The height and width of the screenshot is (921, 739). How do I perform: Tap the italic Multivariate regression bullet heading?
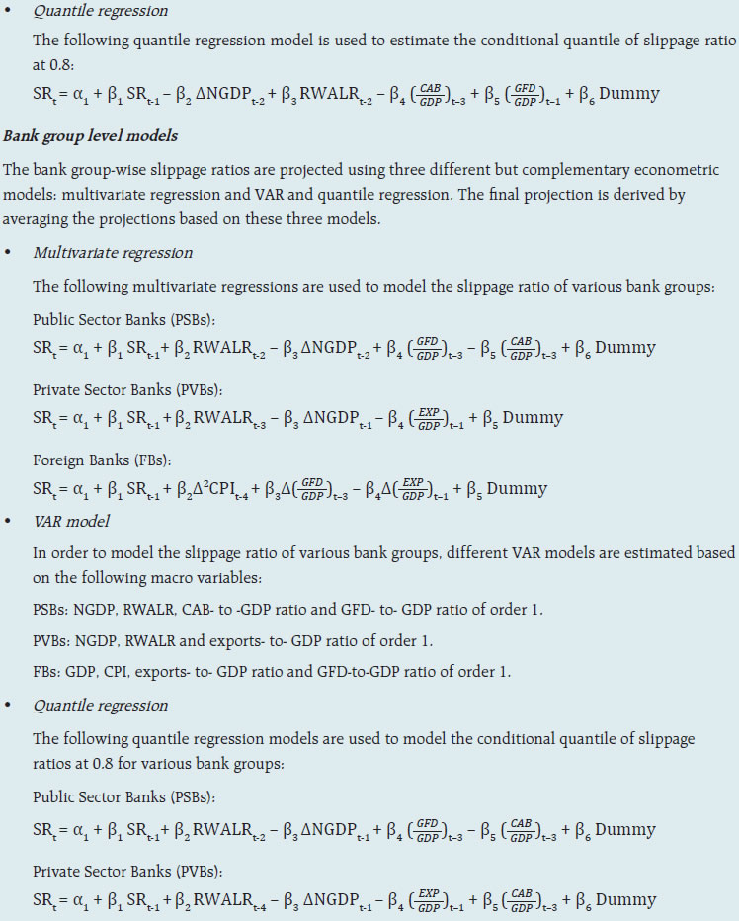(113, 253)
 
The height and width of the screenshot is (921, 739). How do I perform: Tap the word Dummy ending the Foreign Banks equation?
(517, 489)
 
